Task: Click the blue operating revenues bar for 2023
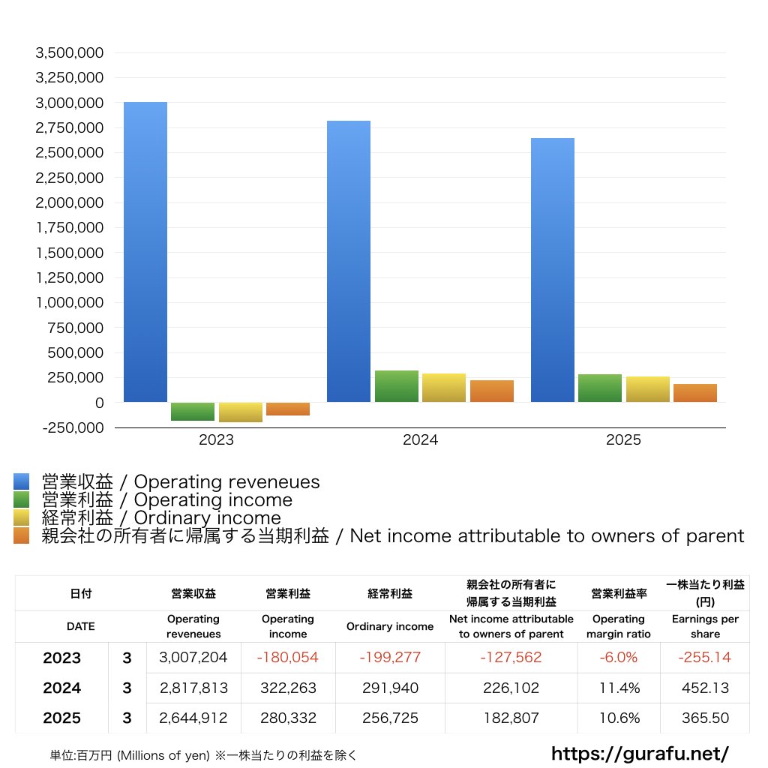coord(145,252)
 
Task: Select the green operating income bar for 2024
coord(396,386)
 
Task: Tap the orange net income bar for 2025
coord(694,393)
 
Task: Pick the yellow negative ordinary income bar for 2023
coord(240,412)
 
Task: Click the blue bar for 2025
coord(553,270)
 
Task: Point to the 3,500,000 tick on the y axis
coord(69,53)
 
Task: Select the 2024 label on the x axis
coord(420,441)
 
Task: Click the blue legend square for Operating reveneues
coord(21,481)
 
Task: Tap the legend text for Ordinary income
coord(161,518)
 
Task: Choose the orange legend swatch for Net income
coord(21,535)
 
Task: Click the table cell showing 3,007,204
coord(193,658)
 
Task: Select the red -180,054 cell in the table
coord(287,658)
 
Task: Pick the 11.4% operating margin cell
coord(619,688)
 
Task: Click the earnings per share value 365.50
coord(705,718)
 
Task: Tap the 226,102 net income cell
coord(511,688)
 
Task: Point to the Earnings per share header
coord(705,626)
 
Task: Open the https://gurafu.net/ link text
coord(640,752)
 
